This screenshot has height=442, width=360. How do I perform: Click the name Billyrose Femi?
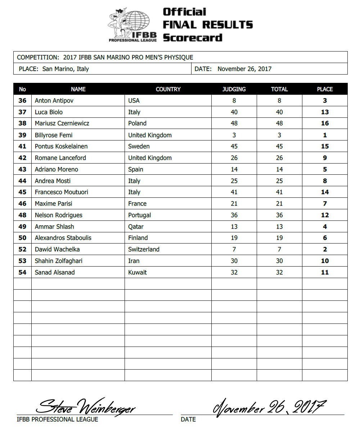pos(53,135)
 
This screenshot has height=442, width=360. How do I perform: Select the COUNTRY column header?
pos(168,89)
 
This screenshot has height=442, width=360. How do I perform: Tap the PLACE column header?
pos(325,89)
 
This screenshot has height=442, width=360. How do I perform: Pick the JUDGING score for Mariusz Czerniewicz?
pos(234,123)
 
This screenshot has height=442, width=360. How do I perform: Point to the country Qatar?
pos(136,227)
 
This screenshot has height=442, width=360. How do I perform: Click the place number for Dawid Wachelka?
pos(325,249)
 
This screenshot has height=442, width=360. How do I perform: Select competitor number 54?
pos(22,272)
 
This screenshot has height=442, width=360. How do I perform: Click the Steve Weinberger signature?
pos(86,408)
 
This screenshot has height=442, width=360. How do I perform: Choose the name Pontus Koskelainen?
pos(61,146)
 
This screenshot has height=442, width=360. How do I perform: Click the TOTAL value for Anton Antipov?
pos(279,101)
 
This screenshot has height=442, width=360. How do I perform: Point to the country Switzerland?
pos(144,249)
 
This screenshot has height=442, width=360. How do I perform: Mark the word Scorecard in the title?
pos(193,37)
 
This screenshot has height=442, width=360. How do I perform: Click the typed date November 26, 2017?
pos(244,69)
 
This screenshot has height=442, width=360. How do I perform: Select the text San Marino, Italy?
pos(66,69)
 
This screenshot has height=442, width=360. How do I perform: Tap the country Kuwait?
pos(137,272)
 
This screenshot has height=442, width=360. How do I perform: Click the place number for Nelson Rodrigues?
pos(325,215)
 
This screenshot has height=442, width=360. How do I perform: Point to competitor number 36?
pos(22,101)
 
